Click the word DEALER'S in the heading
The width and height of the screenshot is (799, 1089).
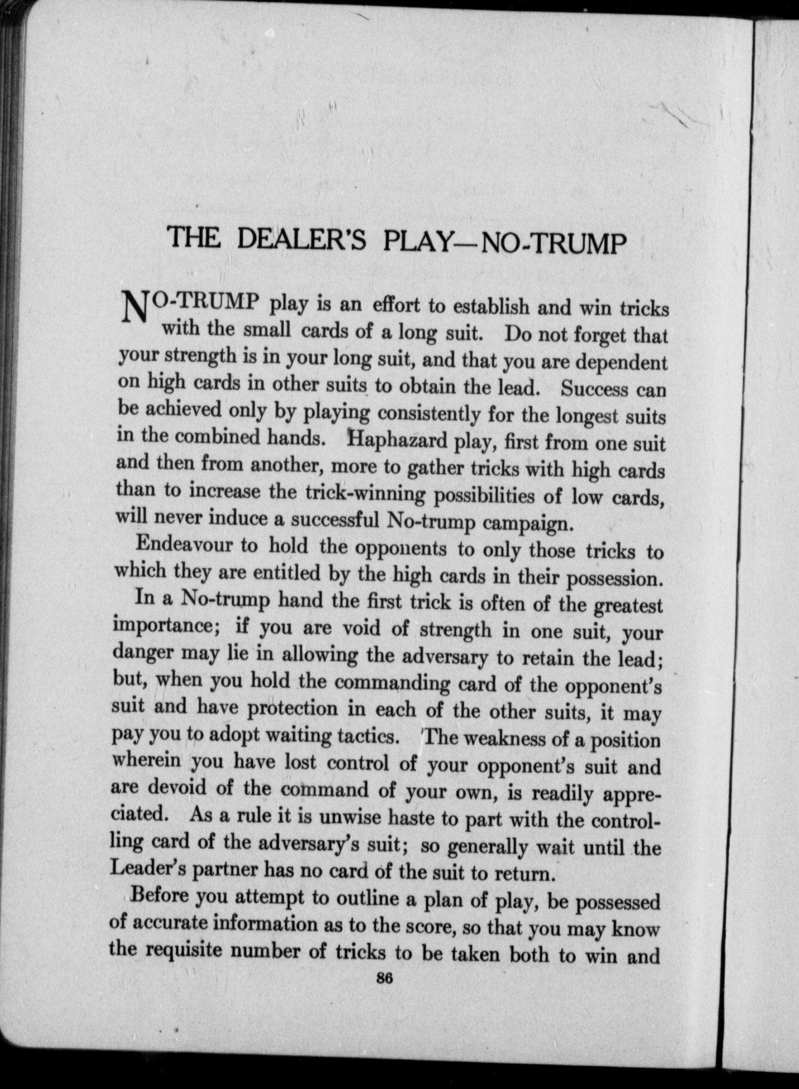coord(301,239)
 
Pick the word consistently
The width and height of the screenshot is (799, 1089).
coord(429,414)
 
